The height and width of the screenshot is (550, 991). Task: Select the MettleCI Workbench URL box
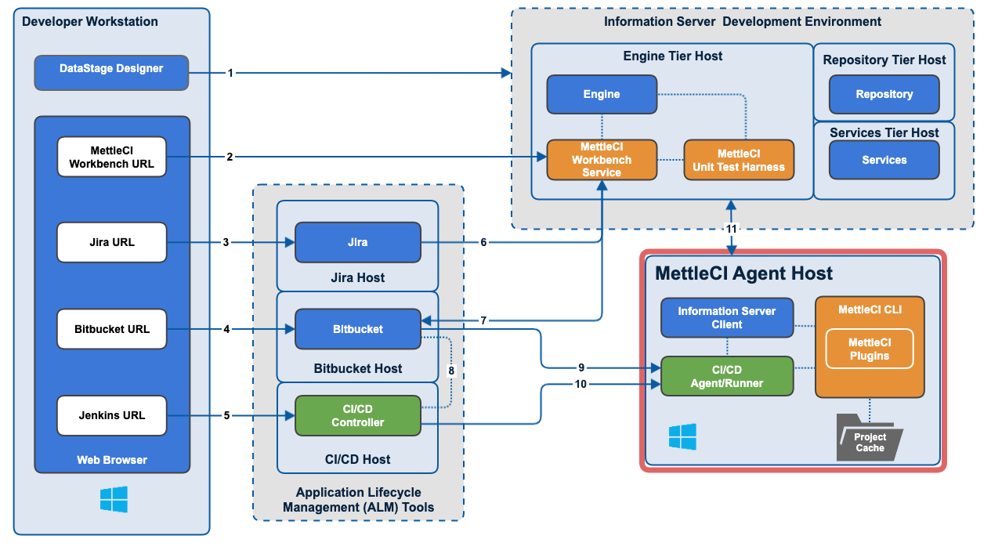click(111, 157)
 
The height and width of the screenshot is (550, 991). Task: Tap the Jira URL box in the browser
click(111, 242)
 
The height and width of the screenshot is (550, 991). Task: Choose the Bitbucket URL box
click(111, 329)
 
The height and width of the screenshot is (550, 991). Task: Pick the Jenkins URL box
click(111, 415)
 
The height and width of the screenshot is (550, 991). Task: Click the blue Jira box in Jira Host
click(357, 242)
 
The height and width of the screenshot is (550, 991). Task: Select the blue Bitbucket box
click(357, 329)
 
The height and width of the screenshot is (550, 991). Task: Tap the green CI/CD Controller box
click(357, 415)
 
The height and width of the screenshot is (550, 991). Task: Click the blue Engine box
click(601, 95)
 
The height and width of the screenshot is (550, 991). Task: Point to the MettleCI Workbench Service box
click(601, 160)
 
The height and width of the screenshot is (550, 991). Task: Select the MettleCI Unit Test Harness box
click(738, 160)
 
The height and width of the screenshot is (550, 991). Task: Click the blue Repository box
click(884, 95)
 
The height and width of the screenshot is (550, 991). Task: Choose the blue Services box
click(884, 160)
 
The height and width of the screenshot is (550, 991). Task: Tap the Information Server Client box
click(726, 317)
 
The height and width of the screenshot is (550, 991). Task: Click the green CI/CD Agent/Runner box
click(726, 376)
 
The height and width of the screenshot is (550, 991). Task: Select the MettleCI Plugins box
click(869, 349)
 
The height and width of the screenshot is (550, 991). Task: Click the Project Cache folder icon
click(869, 441)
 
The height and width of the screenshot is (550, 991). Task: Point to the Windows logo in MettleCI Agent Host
click(682, 436)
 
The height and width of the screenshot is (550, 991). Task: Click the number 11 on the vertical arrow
click(732, 229)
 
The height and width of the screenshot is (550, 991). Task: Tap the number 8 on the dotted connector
click(450, 369)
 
